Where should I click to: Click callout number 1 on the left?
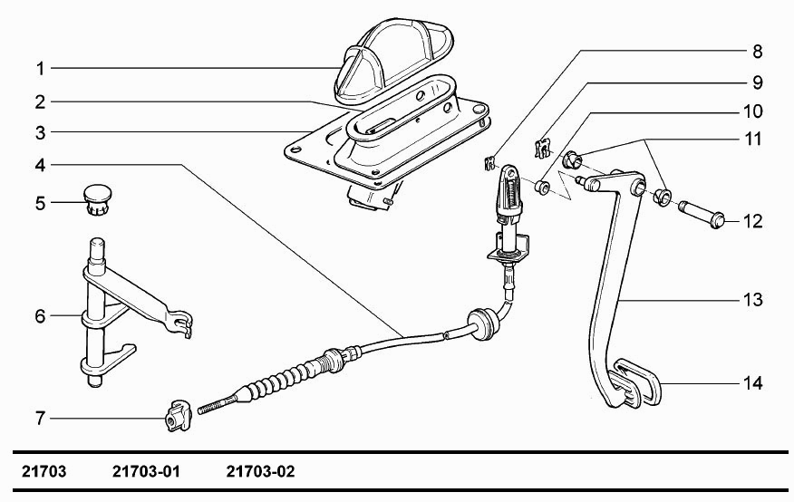pyautogui.click(x=41, y=69)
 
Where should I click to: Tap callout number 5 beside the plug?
pyautogui.click(x=41, y=204)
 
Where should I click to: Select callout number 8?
pyautogui.click(x=757, y=52)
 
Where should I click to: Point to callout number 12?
pyautogui.click(x=753, y=222)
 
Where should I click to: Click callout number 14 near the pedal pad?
pyautogui.click(x=753, y=383)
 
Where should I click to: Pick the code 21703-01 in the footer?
pyautogui.click(x=146, y=471)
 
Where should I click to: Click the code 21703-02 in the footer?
pyautogui.click(x=260, y=471)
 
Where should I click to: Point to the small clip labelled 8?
pyautogui.click(x=489, y=163)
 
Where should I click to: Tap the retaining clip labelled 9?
pyautogui.click(x=542, y=148)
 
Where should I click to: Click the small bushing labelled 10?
pyautogui.click(x=543, y=187)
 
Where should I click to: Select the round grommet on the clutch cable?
pyautogui.click(x=480, y=323)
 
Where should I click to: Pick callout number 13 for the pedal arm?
pyautogui.click(x=753, y=300)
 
